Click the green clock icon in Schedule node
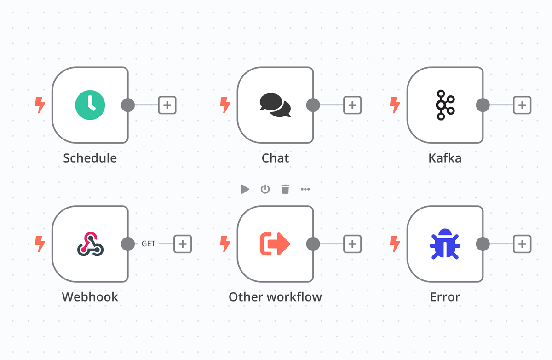tap(90, 105)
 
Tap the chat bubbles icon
tap(275, 105)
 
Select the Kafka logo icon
tap(445, 105)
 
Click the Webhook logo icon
tap(90, 244)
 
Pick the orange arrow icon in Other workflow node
tap(275, 244)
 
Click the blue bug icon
tap(445, 244)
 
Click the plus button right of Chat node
tap(352, 105)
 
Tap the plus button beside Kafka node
tap(522, 105)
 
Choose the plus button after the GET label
tap(183, 244)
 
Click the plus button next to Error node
tap(522, 244)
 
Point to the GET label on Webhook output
tap(148, 244)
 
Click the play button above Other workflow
tap(245, 189)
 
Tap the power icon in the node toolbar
tap(265, 189)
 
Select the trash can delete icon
tap(285, 189)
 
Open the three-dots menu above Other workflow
tap(305, 189)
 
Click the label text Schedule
tap(90, 158)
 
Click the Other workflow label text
tap(275, 297)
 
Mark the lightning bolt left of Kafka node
tap(395, 105)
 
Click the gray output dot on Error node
tap(483, 244)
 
